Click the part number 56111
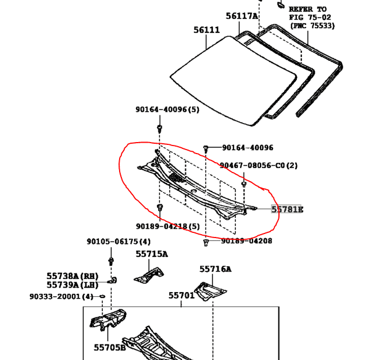206,30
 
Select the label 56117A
242,17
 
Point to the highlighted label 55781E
287,209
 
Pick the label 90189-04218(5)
169,227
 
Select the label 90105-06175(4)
118,242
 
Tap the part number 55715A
152,254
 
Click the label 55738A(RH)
73,277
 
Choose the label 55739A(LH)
73,285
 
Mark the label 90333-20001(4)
62,297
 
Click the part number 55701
182,296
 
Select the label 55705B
110,347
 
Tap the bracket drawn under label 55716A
209,290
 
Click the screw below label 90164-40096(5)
160,127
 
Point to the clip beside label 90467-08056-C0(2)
244,184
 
